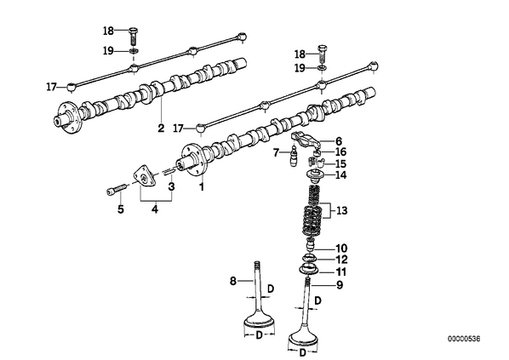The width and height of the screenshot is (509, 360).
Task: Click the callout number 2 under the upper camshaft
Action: tap(161, 128)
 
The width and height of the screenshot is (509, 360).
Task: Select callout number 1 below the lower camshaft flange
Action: tap(202, 187)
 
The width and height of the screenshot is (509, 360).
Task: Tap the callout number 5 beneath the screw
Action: tap(121, 209)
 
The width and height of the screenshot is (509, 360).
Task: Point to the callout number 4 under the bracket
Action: tap(155, 209)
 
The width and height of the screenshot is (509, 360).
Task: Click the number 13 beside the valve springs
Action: tap(342, 211)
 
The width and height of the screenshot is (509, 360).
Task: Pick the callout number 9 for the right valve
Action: tap(340, 285)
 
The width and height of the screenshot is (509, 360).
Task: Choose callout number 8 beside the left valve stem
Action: tap(233, 281)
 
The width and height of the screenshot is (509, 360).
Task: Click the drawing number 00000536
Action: tap(464, 339)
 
